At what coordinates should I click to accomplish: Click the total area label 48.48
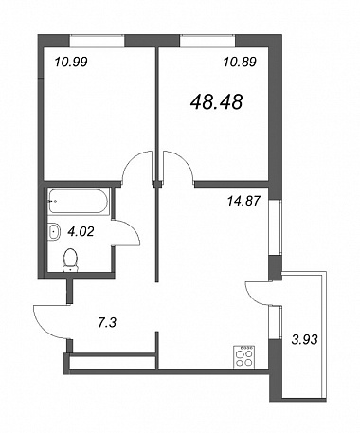(x=217, y=102)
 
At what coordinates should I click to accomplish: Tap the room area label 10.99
(x=71, y=63)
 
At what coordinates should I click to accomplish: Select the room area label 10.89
(x=240, y=63)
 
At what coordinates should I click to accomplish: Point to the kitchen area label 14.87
(x=243, y=201)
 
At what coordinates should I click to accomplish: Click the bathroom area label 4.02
(x=81, y=232)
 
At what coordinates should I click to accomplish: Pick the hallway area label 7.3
(x=107, y=323)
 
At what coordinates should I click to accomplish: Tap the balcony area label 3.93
(x=304, y=340)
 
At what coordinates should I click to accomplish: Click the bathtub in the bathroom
(x=79, y=202)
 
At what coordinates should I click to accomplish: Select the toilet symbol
(x=70, y=260)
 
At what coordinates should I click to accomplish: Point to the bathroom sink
(x=54, y=232)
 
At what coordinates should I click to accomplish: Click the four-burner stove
(x=244, y=356)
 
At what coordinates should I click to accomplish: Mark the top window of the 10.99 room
(x=98, y=41)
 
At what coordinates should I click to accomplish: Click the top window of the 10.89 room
(x=207, y=41)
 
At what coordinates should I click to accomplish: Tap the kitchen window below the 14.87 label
(x=275, y=227)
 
